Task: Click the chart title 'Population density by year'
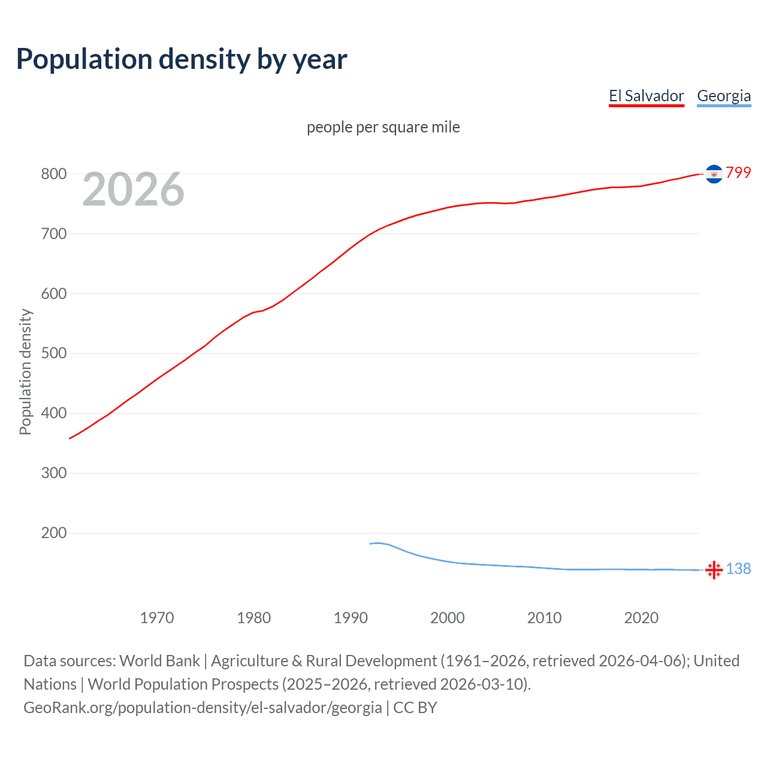pyautogui.click(x=182, y=59)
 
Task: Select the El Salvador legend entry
pyautogui.click(x=646, y=96)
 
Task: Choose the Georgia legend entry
pyautogui.click(x=723, y=96)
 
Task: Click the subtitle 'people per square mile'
pyautogui.click(x=383, y=127)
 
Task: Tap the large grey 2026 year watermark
pyautogui.click(x=133, y=189)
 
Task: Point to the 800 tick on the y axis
pyautogui.click(x=53, y=174)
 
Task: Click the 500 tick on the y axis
pyautogui.click(x=53, y=354)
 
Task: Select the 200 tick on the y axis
pyautogui.click(x=53, y=533)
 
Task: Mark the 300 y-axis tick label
pyautogui.click(x=53, y=473)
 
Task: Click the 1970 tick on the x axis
pyautogui.click(x=157, y=618)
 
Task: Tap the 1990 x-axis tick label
pyautogui.click(x=351, y=618)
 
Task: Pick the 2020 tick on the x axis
pyautogui.click(x=641, y=618)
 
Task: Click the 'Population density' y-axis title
pyautogui.click(x=25, y=372)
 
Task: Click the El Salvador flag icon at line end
pyautogui.click(x=714, y=174)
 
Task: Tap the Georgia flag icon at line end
pyautogui.click(x=714, y=570)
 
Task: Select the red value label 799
pyautogui.click(x=738, y=173)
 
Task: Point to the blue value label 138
pyautogui.click(x=738, y=569)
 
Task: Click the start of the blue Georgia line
pyautogui.click(x=370, y=543)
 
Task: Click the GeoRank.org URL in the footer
pyautogui.click(x=203, y=708)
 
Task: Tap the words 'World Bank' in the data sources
pyautogui.click(x=159, y=661)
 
